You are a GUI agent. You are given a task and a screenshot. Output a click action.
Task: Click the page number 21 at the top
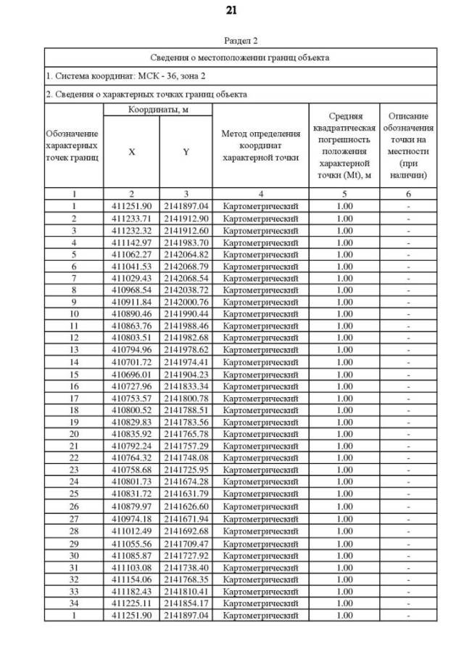tap(231, 10)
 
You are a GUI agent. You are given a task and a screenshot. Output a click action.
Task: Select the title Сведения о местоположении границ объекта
tap(240, 57)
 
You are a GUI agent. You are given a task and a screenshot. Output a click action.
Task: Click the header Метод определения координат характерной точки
tap(260, 145)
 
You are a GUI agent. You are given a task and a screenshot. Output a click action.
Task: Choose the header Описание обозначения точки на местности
tap(408, 145)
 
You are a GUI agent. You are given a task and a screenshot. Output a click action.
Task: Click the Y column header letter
tap(186, 152)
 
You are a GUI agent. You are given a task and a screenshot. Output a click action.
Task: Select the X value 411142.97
tap(131, 242)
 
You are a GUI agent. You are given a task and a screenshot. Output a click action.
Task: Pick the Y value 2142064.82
tap(186, 254)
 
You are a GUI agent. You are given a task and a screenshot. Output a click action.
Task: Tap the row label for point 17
tap(73, 398)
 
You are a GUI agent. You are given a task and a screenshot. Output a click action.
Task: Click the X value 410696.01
tap(131, 374)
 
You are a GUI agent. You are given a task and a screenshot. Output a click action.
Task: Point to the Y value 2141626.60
tap(186, 507)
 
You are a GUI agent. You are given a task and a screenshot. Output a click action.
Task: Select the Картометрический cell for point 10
tap(260, 314)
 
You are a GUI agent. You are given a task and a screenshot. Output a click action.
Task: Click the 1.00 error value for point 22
tap(344, 458)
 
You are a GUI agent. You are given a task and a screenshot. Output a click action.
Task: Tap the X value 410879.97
tap(131, 507)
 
